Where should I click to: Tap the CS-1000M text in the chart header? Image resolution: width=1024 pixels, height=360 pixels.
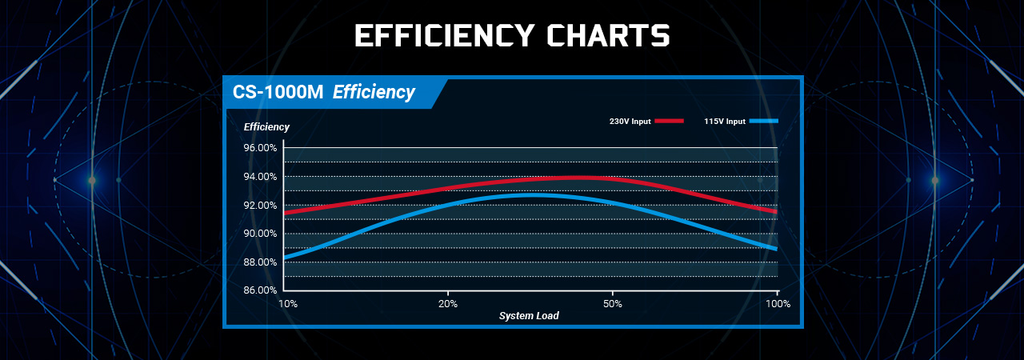(x=278, y=93)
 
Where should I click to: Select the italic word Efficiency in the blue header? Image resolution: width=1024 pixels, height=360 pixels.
(x=374, y=93)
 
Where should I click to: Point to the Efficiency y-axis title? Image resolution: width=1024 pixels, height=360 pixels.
(x=266, y=127)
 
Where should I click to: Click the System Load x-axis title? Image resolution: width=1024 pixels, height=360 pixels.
(x=529, y=316)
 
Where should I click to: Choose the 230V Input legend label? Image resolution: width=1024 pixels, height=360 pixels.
(x=630, y=122)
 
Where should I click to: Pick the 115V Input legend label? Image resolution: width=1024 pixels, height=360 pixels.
(x=725, y=122)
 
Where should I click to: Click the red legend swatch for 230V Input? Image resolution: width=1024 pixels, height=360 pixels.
(x=669, y=121)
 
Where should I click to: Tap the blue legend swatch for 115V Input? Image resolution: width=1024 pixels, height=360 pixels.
(x=763, y=121)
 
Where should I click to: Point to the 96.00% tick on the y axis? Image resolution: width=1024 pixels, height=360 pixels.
(x=259, y=148)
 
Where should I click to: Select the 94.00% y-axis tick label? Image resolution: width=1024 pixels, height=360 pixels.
(x=259, y=177)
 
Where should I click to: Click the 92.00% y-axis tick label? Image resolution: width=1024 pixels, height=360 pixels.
(x=259, y=205)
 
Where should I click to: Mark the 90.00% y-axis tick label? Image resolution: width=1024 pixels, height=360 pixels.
(x=259, y=234)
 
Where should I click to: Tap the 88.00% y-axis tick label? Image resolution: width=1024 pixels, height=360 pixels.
(x=259, y=262)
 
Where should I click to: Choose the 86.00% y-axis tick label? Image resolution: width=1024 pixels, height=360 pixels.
(x=259, y=290)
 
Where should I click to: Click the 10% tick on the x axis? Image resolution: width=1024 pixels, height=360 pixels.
(x=288, y=304)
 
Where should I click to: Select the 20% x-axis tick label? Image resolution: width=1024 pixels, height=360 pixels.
(x=448, y=304)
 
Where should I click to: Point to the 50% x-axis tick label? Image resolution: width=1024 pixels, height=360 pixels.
(x=612, y=304)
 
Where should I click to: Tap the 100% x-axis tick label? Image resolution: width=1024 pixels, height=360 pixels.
(x=778, y=304)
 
